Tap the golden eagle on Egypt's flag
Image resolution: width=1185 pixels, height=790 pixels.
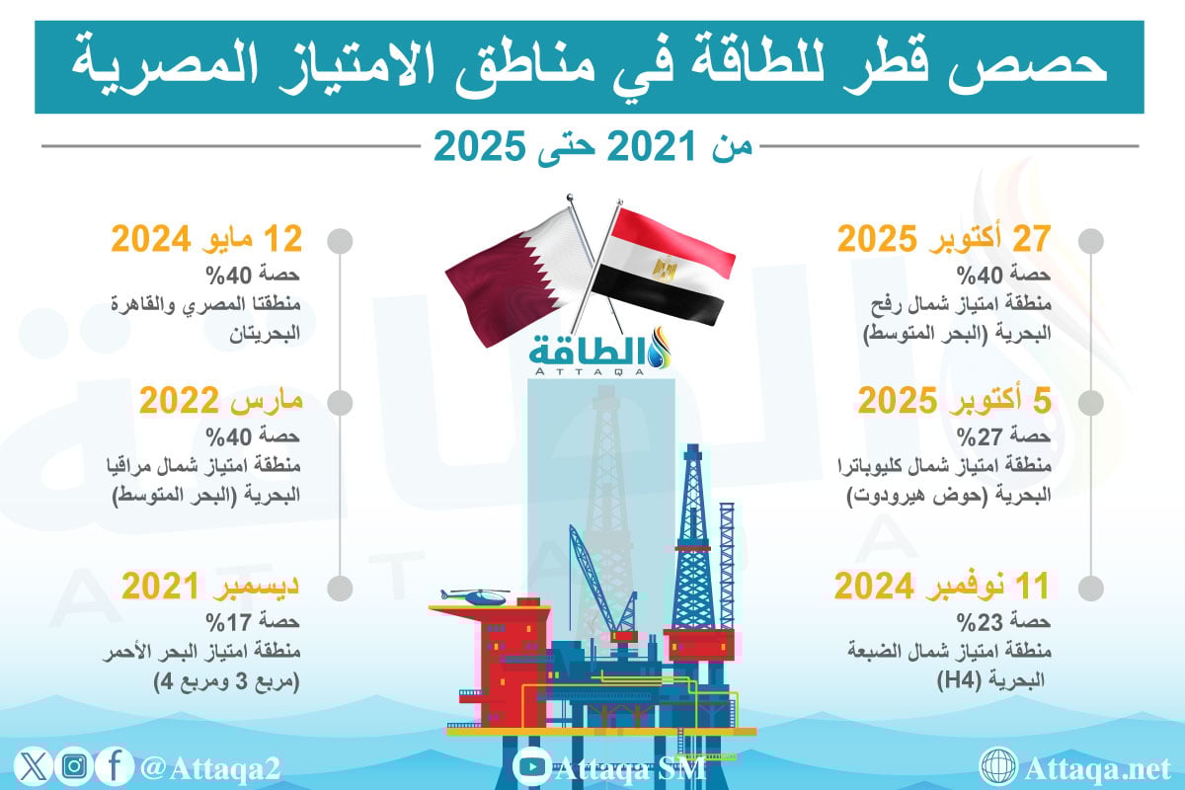point(665,269)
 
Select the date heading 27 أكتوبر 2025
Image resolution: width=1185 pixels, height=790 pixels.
point(944,239)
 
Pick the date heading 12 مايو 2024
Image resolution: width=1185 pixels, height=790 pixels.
point(206,239)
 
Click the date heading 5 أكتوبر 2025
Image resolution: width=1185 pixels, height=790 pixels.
point(954,401)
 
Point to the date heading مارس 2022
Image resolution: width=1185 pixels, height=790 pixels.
point(220,401)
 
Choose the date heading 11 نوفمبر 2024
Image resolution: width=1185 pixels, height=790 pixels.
point(942,586)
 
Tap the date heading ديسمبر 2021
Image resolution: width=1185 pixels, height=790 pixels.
point(210,586)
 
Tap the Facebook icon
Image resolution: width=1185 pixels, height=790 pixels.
point(115,766)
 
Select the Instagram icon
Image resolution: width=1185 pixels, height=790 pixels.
point(74,766)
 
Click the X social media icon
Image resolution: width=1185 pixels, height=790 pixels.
point(33,766)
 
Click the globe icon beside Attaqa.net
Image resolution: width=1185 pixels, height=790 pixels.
point(998,766)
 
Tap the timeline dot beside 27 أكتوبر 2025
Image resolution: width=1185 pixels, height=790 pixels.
point(1091,241)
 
